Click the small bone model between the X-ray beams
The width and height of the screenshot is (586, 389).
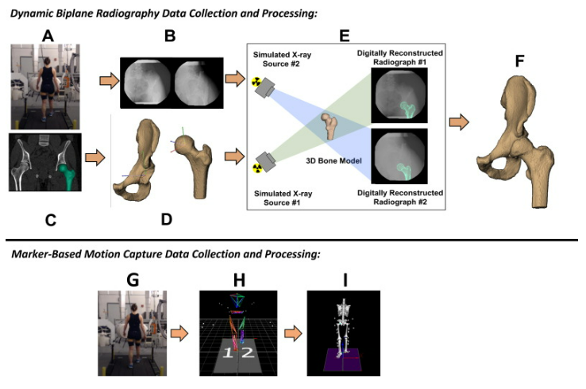pos(328,129)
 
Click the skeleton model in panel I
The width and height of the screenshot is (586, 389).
pos(343,326)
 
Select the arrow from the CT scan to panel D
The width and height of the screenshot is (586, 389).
pos(94,159)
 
